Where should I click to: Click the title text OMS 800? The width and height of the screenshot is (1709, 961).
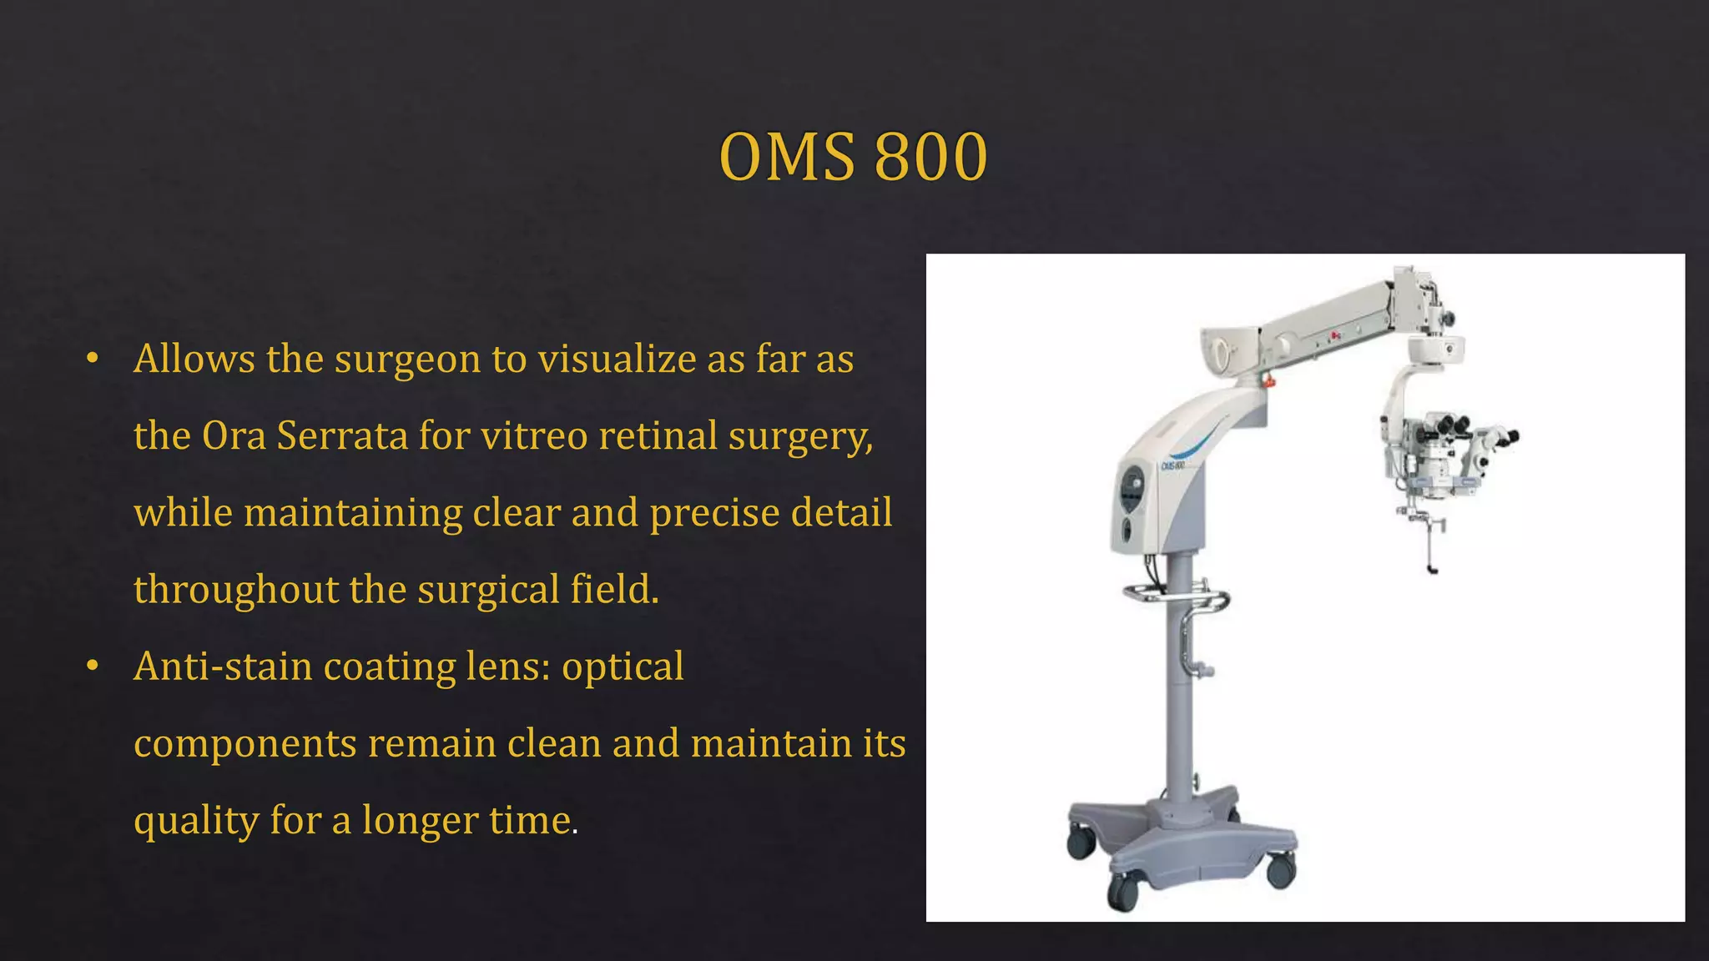[853, 157]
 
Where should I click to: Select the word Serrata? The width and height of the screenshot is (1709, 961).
[341, 436]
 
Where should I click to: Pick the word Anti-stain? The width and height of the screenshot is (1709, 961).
[222, 667]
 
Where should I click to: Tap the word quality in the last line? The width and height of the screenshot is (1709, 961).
[195, 821]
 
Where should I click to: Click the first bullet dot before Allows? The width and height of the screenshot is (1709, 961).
[93, 360]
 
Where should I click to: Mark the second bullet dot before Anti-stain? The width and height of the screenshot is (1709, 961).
[93, 667]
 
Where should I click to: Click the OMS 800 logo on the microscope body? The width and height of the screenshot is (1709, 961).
[1172, 465]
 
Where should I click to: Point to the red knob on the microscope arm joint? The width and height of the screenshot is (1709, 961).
[1269, 381]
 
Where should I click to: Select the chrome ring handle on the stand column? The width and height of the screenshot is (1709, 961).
[1176, 597]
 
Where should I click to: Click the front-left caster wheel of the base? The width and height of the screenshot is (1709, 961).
[1122, 893]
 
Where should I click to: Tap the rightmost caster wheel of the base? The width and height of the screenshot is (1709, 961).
[1280, 871]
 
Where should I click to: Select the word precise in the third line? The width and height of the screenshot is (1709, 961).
[713, 513]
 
